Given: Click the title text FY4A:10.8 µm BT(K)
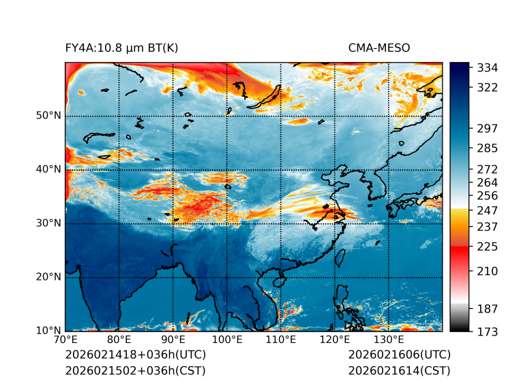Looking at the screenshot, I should pyautogui.click(x=121, y=48).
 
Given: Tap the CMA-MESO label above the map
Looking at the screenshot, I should pyautogui.click(x=379, y=48).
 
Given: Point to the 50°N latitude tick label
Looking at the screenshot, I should pyautogui.click(x=48, y=116).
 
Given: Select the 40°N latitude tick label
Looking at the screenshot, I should pyautogui.click(x=48, y=169).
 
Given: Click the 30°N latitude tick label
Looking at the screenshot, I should pyautogui.click(x=48, y=223).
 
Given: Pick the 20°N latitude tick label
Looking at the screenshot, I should pyautogui.click(x=48, y=277).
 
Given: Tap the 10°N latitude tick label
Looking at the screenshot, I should pyautogui.click(x=48, y=331).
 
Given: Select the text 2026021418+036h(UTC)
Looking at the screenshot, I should pyautogui.click(x=135, y=355).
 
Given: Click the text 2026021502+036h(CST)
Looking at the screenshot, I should pyautogui.click(x=135, y=371).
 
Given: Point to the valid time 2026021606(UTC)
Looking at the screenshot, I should pyautogui.click(x=399, y=355).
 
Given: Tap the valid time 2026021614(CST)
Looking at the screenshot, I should pyautogui.click(x=399, y=371).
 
